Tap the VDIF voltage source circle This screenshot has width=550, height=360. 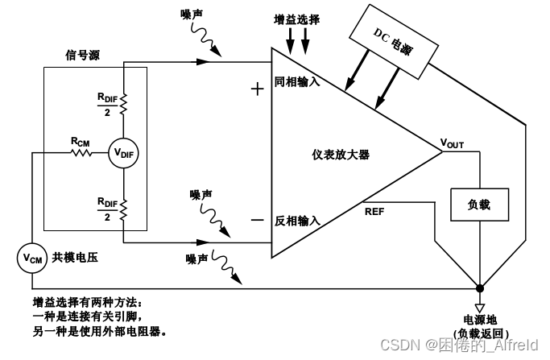[123, 151]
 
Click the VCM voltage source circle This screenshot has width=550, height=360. [31, 257]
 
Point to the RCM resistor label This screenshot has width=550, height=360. [81, 141]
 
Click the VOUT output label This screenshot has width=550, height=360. [452, 144]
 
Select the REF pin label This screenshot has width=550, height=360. [374, 212]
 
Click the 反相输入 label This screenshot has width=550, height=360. [298, 220]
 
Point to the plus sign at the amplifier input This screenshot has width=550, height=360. [258, 89]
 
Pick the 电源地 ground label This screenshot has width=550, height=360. [481, 320]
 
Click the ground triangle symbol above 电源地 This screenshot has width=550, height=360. [481, 305]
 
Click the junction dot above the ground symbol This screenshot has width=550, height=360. [481, 288]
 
